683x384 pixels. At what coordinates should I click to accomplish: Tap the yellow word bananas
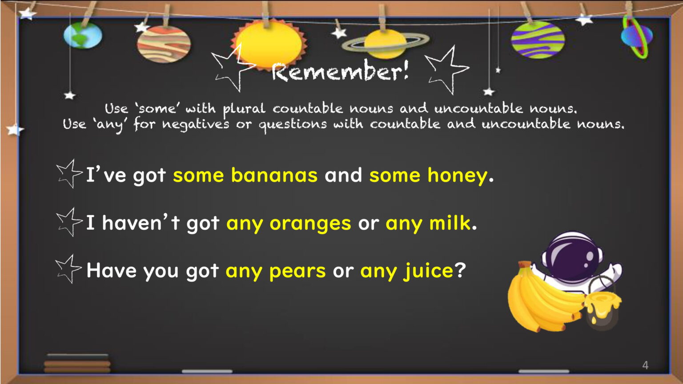pyautogui.click(x=274, y=175)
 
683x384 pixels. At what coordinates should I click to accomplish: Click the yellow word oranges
pyautogui.click(x=310, y=224)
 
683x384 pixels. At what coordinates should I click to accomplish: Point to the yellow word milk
pyautogui.click(x=450, y=223)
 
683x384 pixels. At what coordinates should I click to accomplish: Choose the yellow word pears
pyautogui.click(x=297, y=271)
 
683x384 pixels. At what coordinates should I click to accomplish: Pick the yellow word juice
pyautogui.click(x=428, y=271)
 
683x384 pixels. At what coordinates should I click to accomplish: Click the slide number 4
pyautogui.click(x=645, y=365)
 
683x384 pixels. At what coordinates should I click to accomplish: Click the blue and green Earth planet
pyautogui.click(x=83, y=36)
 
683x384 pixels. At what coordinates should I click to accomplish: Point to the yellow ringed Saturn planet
pyautogui.click(x=386, y=44)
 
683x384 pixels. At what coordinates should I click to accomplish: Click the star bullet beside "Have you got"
pyautogui.click(x=68, y=269)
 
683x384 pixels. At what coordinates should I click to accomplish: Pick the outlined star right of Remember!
pyautogui.click(x=447, y=70)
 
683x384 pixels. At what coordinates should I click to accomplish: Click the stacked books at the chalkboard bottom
pyautogui.click(x=77, y=363)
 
